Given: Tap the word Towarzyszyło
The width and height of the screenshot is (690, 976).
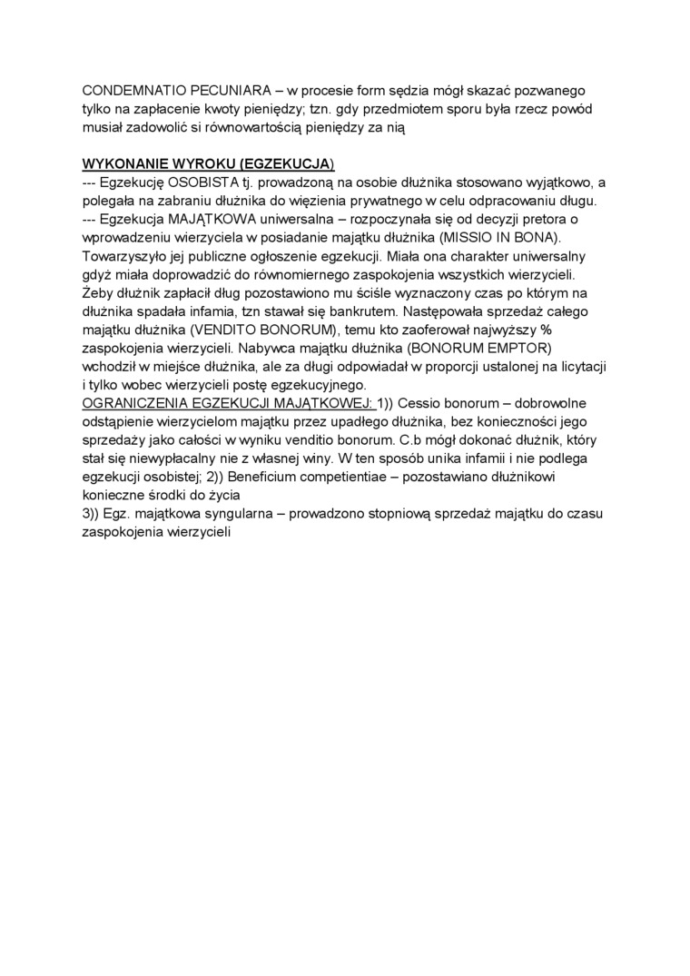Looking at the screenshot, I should pyautogui.click(x=126, y=256).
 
